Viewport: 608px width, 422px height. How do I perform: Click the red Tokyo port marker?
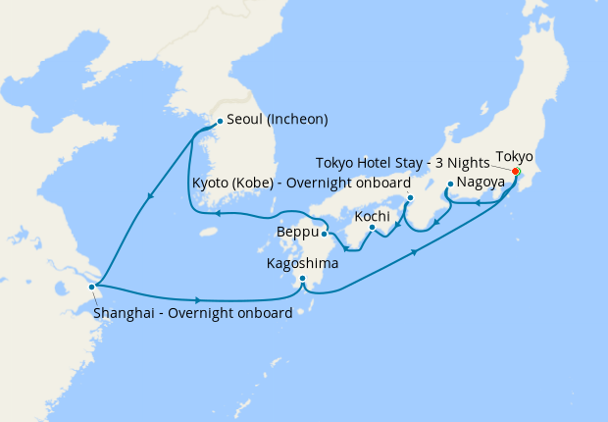(516, 172)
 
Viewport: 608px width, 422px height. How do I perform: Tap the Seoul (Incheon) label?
(277, 120)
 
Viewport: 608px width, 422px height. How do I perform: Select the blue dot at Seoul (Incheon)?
(219, 121)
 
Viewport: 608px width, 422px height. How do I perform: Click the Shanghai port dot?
(92, 287)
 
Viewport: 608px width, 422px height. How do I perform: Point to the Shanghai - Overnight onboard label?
(192, 314)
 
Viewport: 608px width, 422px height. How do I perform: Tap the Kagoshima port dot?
(303, 280)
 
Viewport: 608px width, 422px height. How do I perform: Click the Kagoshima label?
(303, 263)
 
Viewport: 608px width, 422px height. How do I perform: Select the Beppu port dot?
(325, 234)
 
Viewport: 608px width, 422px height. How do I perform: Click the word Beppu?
(296, 233)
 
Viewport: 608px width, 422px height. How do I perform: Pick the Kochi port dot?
(373, 229)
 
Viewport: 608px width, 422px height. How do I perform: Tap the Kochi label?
(374, 214)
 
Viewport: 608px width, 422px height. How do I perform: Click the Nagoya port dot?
(449, 185)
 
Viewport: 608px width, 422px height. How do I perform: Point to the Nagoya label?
(481, 183)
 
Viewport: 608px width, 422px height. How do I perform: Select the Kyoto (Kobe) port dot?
(410, 197)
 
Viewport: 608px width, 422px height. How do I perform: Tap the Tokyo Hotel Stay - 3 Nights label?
(401, 162)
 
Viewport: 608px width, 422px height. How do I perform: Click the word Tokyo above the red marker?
(514, 156)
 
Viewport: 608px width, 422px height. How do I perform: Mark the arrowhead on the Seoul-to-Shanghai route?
(150, 197)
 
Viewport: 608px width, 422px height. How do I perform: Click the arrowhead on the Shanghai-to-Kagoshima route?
(198, 299)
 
